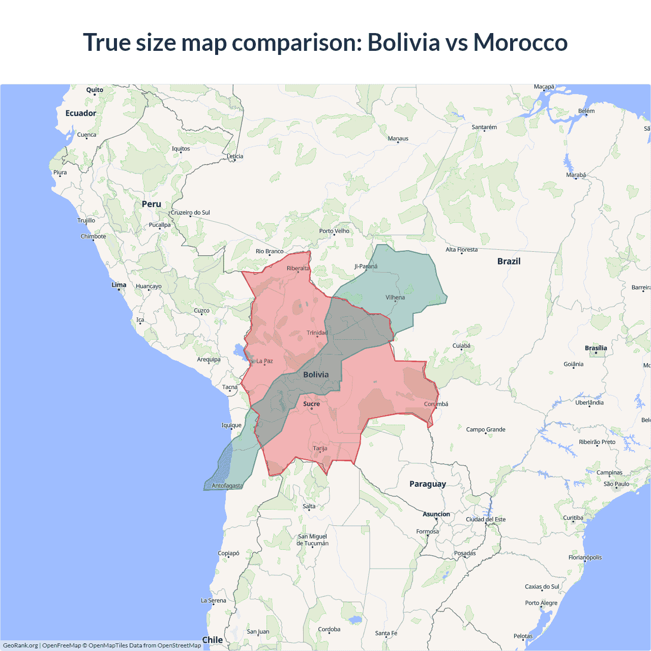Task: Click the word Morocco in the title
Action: (520, 42)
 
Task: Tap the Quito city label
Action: (95, 90)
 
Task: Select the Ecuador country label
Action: (81, 113)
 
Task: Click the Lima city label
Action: (119, 285)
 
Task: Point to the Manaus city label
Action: (398, 138)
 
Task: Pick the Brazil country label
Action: (509, 261)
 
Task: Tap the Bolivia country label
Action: (316, 374)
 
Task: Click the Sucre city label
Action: (311, 404)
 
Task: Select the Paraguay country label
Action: (427, 484)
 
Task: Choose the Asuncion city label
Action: (436, 514)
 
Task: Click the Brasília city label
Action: (596, 348)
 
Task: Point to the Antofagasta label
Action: (227, 486)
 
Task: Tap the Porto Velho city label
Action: (334, 231)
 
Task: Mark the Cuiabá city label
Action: (461, 346)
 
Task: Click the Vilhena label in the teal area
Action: (395, 298)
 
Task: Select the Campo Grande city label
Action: (486, 429)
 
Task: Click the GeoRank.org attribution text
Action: (20, 645)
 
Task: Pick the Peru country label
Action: (151, 204)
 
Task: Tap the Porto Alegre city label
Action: (541, 603)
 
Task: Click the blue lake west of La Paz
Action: (238, 350)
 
